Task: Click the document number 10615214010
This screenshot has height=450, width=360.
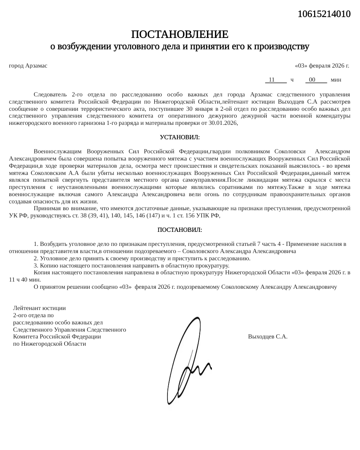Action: [x=324, y=14]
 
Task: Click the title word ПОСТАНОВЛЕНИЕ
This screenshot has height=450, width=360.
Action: [x=180, y=35]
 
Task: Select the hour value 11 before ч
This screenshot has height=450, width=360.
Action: [x=272, y=80]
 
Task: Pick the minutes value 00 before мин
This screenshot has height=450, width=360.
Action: [x=312, y=80]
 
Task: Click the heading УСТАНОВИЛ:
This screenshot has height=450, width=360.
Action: [x=180, y=137]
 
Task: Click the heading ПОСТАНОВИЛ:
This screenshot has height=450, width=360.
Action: [x=180, y=230]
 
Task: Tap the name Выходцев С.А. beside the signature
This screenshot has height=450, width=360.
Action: [x=267, y=337]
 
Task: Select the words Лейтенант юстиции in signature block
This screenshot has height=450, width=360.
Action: [x=39, y=298]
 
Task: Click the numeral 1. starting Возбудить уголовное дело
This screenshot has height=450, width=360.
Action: [x=36, y=244]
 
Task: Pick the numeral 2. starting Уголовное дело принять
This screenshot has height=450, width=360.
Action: [x=36, y=258]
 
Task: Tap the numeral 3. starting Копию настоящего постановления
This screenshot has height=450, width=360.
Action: [x=36, y=266]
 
